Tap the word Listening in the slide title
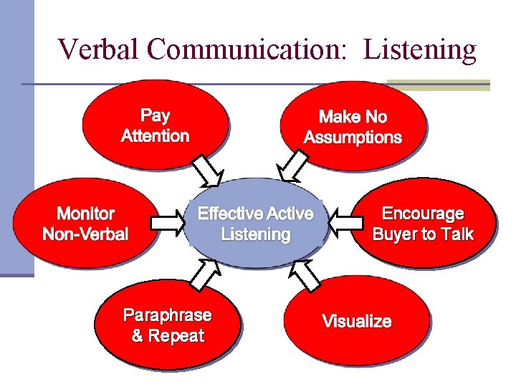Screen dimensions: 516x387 click(420, 49)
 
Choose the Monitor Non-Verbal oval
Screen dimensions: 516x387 click(85, 223)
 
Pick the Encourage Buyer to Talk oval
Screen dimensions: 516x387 click(423, 223)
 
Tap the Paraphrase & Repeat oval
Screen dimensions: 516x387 click(168, 325)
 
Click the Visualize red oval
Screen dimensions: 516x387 click(357, 321)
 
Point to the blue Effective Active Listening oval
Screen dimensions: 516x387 click(255, 223)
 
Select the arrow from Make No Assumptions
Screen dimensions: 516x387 click(295, 166)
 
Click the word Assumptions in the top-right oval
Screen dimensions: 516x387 click(353, 138)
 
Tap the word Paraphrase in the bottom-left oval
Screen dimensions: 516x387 click(168, 315)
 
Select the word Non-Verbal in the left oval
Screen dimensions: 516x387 click(85, 234)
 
